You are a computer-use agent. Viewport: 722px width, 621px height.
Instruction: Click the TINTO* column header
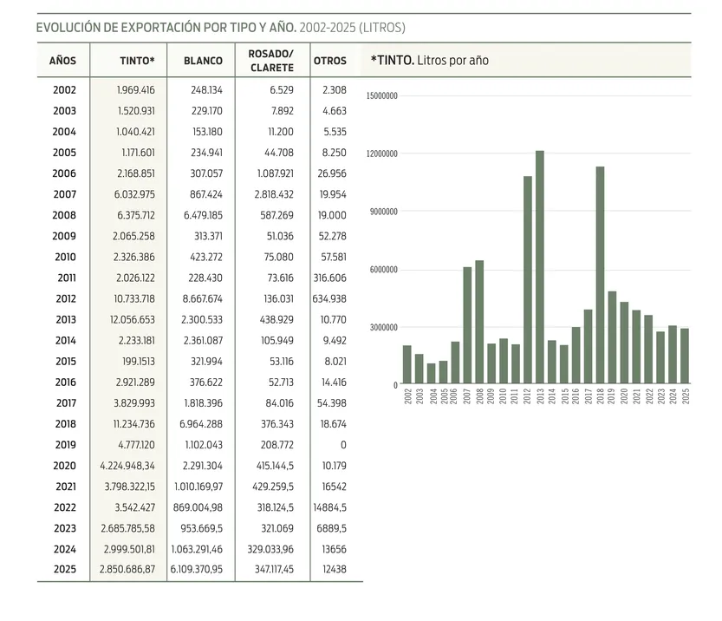coord(137,61)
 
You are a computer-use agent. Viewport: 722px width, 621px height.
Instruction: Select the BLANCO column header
coord(203,61)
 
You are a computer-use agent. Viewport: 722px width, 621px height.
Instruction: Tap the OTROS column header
coord(329,61)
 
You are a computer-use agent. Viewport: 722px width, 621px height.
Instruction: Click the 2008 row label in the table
coord(64,215)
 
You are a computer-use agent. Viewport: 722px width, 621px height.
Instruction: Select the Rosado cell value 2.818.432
coord(270,194)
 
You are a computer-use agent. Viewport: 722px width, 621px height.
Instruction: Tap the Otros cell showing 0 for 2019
coord(343,444)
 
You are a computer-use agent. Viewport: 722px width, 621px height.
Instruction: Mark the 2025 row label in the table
coord(64,569)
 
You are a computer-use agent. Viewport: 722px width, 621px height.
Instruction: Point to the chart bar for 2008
coord(479,322)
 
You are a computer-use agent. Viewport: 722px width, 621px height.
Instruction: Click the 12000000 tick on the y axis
coord(382,154)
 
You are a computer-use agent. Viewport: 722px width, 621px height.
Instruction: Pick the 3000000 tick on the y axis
coord(384,327)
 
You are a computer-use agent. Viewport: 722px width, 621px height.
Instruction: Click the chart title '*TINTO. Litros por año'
coord(429,61)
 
